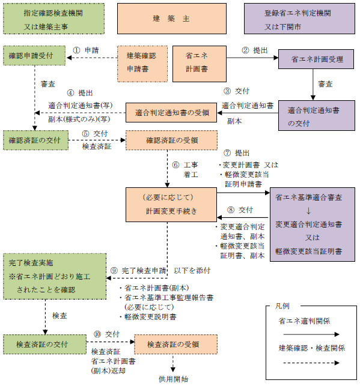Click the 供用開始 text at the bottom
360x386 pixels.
(174, 379)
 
